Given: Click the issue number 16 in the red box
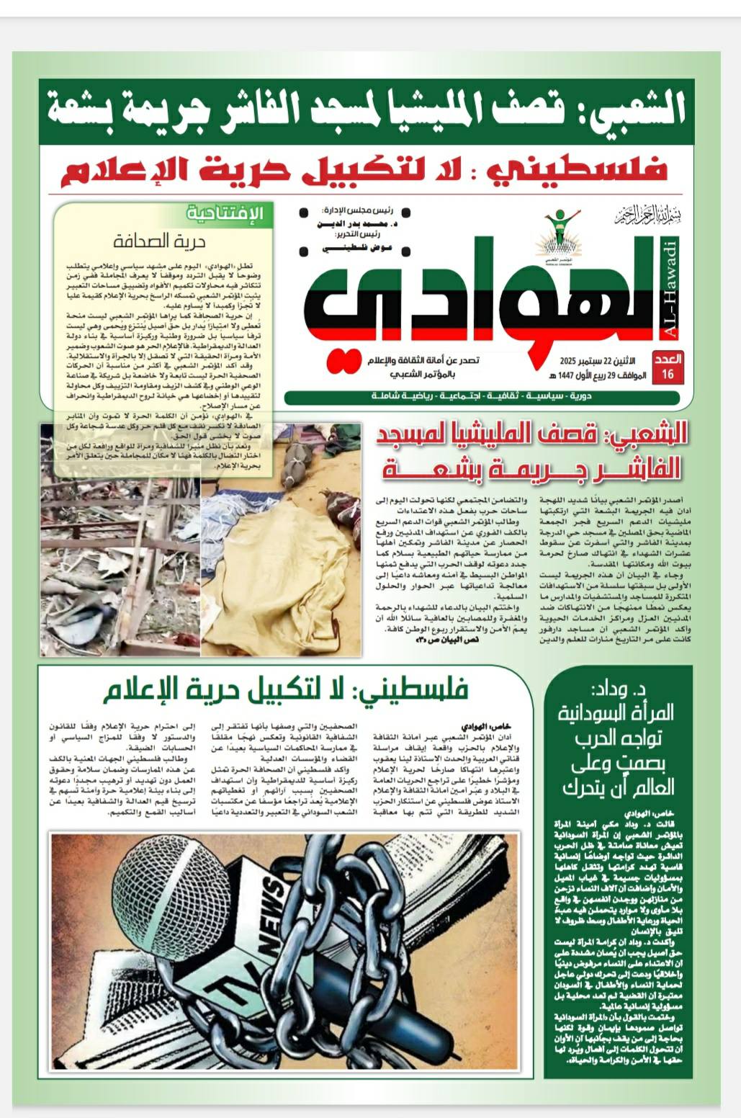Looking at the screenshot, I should [x=667, y=373].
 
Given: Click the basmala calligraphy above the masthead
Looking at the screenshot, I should [x=647, y=215].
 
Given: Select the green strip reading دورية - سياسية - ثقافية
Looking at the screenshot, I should [x=482, y=398].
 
